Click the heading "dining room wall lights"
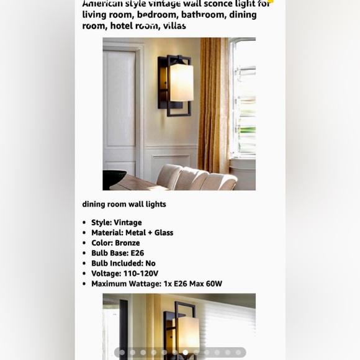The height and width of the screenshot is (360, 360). (x=124, y=204)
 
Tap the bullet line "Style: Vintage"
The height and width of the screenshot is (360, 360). (x=116, y=222)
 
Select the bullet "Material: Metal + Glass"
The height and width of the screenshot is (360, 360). (x=132, y=233)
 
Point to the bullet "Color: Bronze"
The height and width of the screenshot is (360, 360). (x=115, y=243)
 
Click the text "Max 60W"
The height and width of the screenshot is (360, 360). (x=205, y=284)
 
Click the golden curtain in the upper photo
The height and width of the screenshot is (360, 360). (x=214, y=99)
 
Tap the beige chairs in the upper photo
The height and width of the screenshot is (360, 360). (x=196, y=178)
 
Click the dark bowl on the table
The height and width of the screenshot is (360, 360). (x=113, y=179)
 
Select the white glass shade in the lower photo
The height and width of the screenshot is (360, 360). (x=188, y=332)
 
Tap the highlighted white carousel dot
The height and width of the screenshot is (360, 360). (x=185, y=353)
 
